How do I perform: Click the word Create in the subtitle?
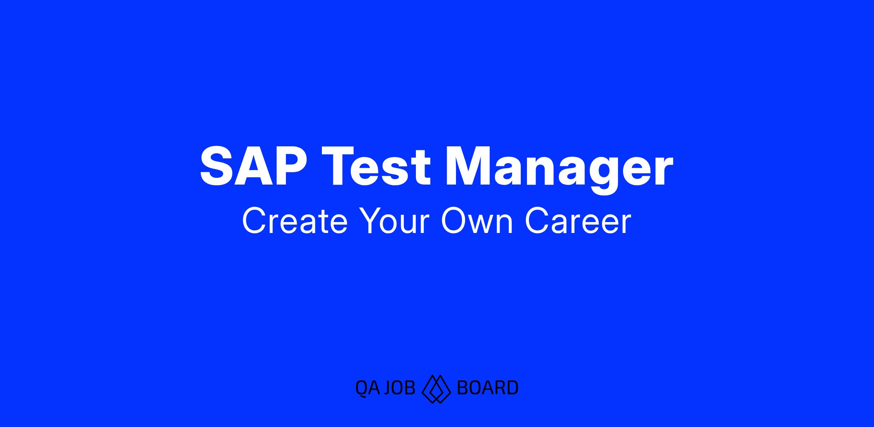click(x=295, y=221)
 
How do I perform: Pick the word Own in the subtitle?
click(x=477, y=221)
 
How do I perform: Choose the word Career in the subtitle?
click(x=578, y=221)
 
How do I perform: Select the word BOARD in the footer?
click(x=487, y=388)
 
